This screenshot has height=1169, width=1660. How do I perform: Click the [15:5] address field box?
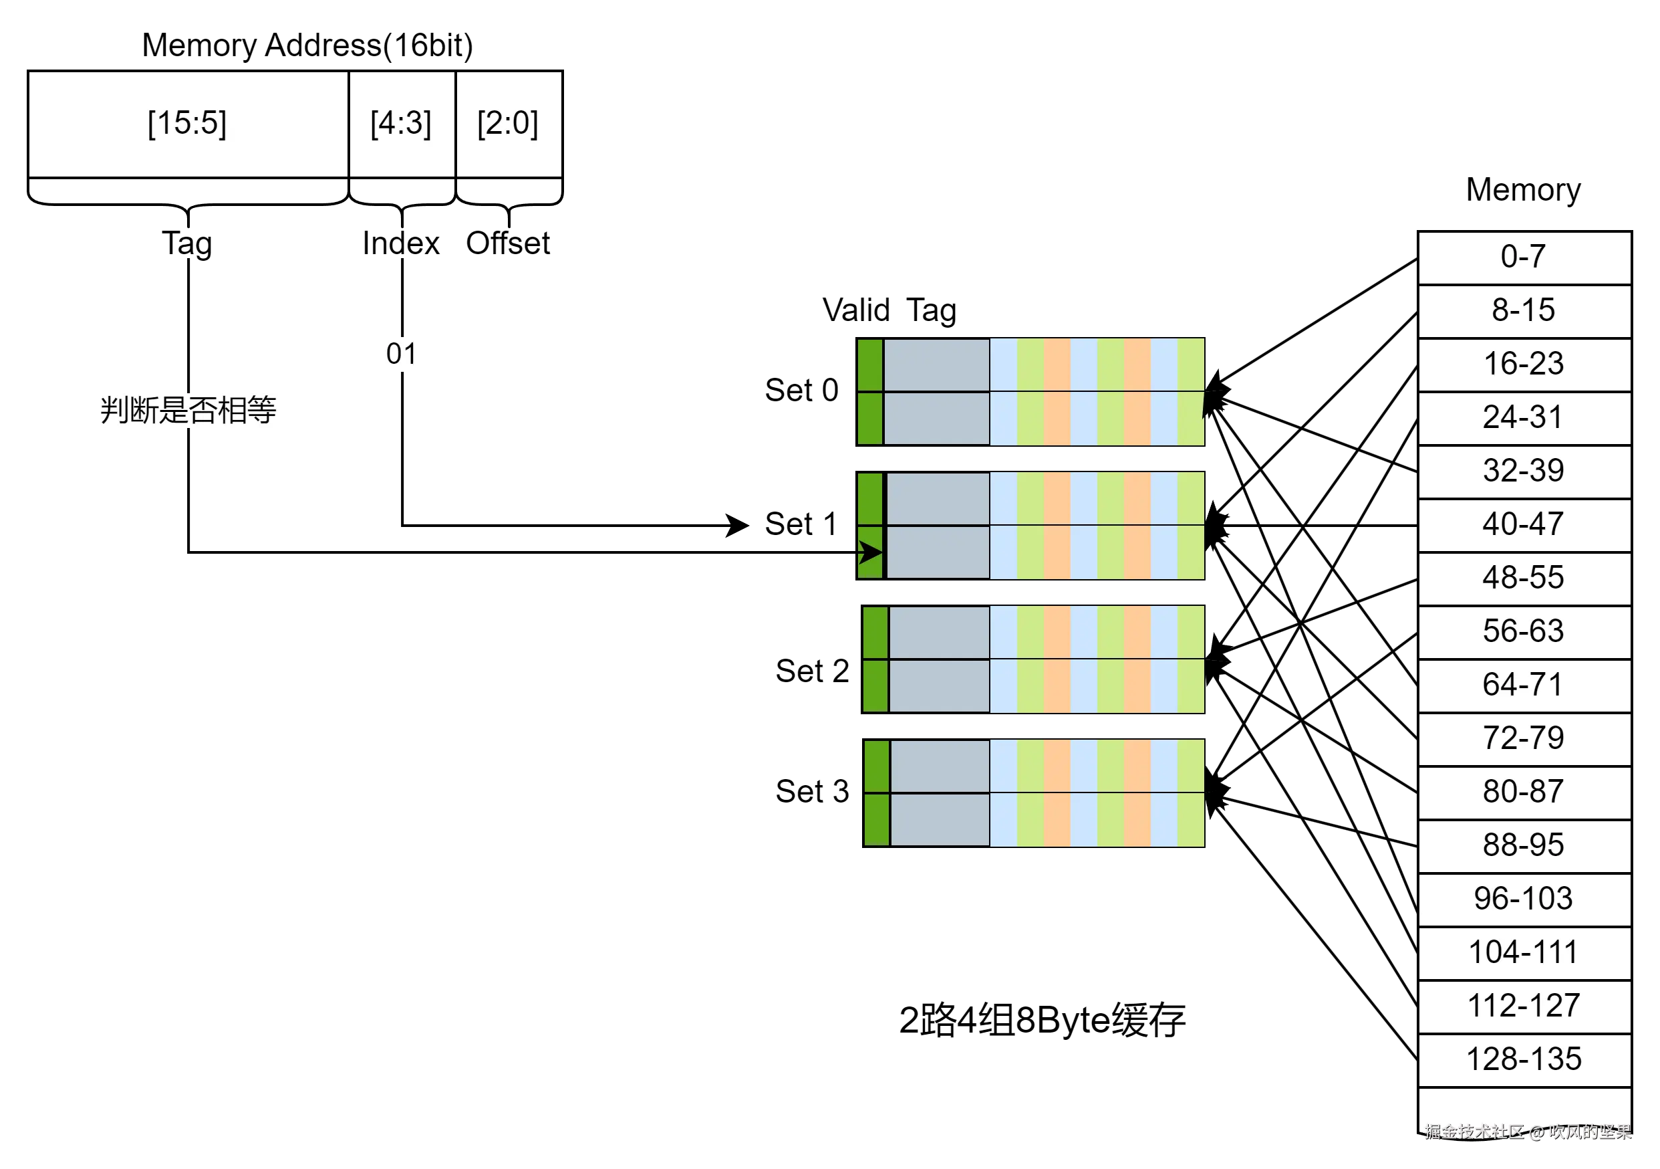pos(188,124)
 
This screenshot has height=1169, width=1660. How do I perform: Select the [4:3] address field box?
pos(401,124)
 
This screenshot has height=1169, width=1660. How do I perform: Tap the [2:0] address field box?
pos(509,124)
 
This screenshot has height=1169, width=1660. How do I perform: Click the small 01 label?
pos(403,354)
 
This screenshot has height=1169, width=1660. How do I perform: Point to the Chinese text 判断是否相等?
pos(188,410)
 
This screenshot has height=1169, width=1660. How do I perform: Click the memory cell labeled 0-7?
pos(1524,257)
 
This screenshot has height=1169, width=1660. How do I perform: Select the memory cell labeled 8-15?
pos(1524,311)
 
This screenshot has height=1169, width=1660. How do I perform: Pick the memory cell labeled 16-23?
pos(1524,364)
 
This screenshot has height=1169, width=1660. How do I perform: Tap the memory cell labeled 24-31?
pos(1524,418)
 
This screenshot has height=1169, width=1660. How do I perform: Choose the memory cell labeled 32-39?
pos(1524,471)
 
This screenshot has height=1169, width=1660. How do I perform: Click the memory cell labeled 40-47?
pos(1524,525)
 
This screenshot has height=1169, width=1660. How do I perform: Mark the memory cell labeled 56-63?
pos(1524,632)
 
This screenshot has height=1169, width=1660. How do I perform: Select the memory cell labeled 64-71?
pos(1524,685)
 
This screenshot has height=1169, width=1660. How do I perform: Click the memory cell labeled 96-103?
pos(1524,900)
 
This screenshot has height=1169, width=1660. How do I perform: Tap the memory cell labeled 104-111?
pos(1524,954)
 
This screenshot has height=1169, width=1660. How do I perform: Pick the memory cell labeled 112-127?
pos(1524,1007)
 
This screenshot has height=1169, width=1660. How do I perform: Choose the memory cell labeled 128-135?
pos(1524,1061)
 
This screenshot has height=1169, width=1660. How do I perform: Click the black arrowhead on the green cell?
pos(871,552)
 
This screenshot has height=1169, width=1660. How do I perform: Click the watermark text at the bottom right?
pos(1528,1132)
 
